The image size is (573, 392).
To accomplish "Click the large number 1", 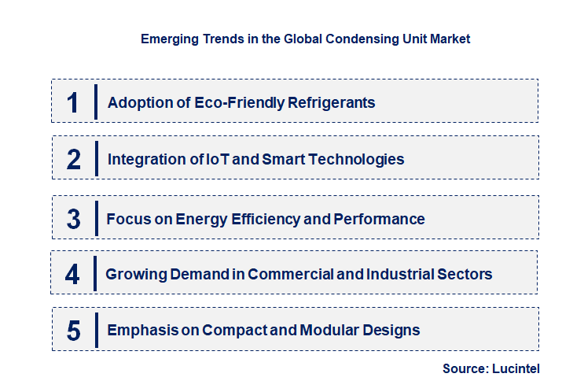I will coord(73,102).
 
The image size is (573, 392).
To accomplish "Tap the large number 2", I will coord(74,159).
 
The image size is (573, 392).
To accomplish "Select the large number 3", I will coord(73,219).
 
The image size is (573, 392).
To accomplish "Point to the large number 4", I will coord(72,274).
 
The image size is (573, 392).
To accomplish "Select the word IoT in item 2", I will coord(215,159).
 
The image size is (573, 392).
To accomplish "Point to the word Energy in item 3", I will coord(178,219).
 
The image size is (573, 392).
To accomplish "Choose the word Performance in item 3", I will coord(379,219).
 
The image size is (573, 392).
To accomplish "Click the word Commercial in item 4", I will coord(288,274).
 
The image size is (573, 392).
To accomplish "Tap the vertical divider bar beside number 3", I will coord(95,217).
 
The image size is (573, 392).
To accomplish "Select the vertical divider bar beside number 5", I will coord(95,329).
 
